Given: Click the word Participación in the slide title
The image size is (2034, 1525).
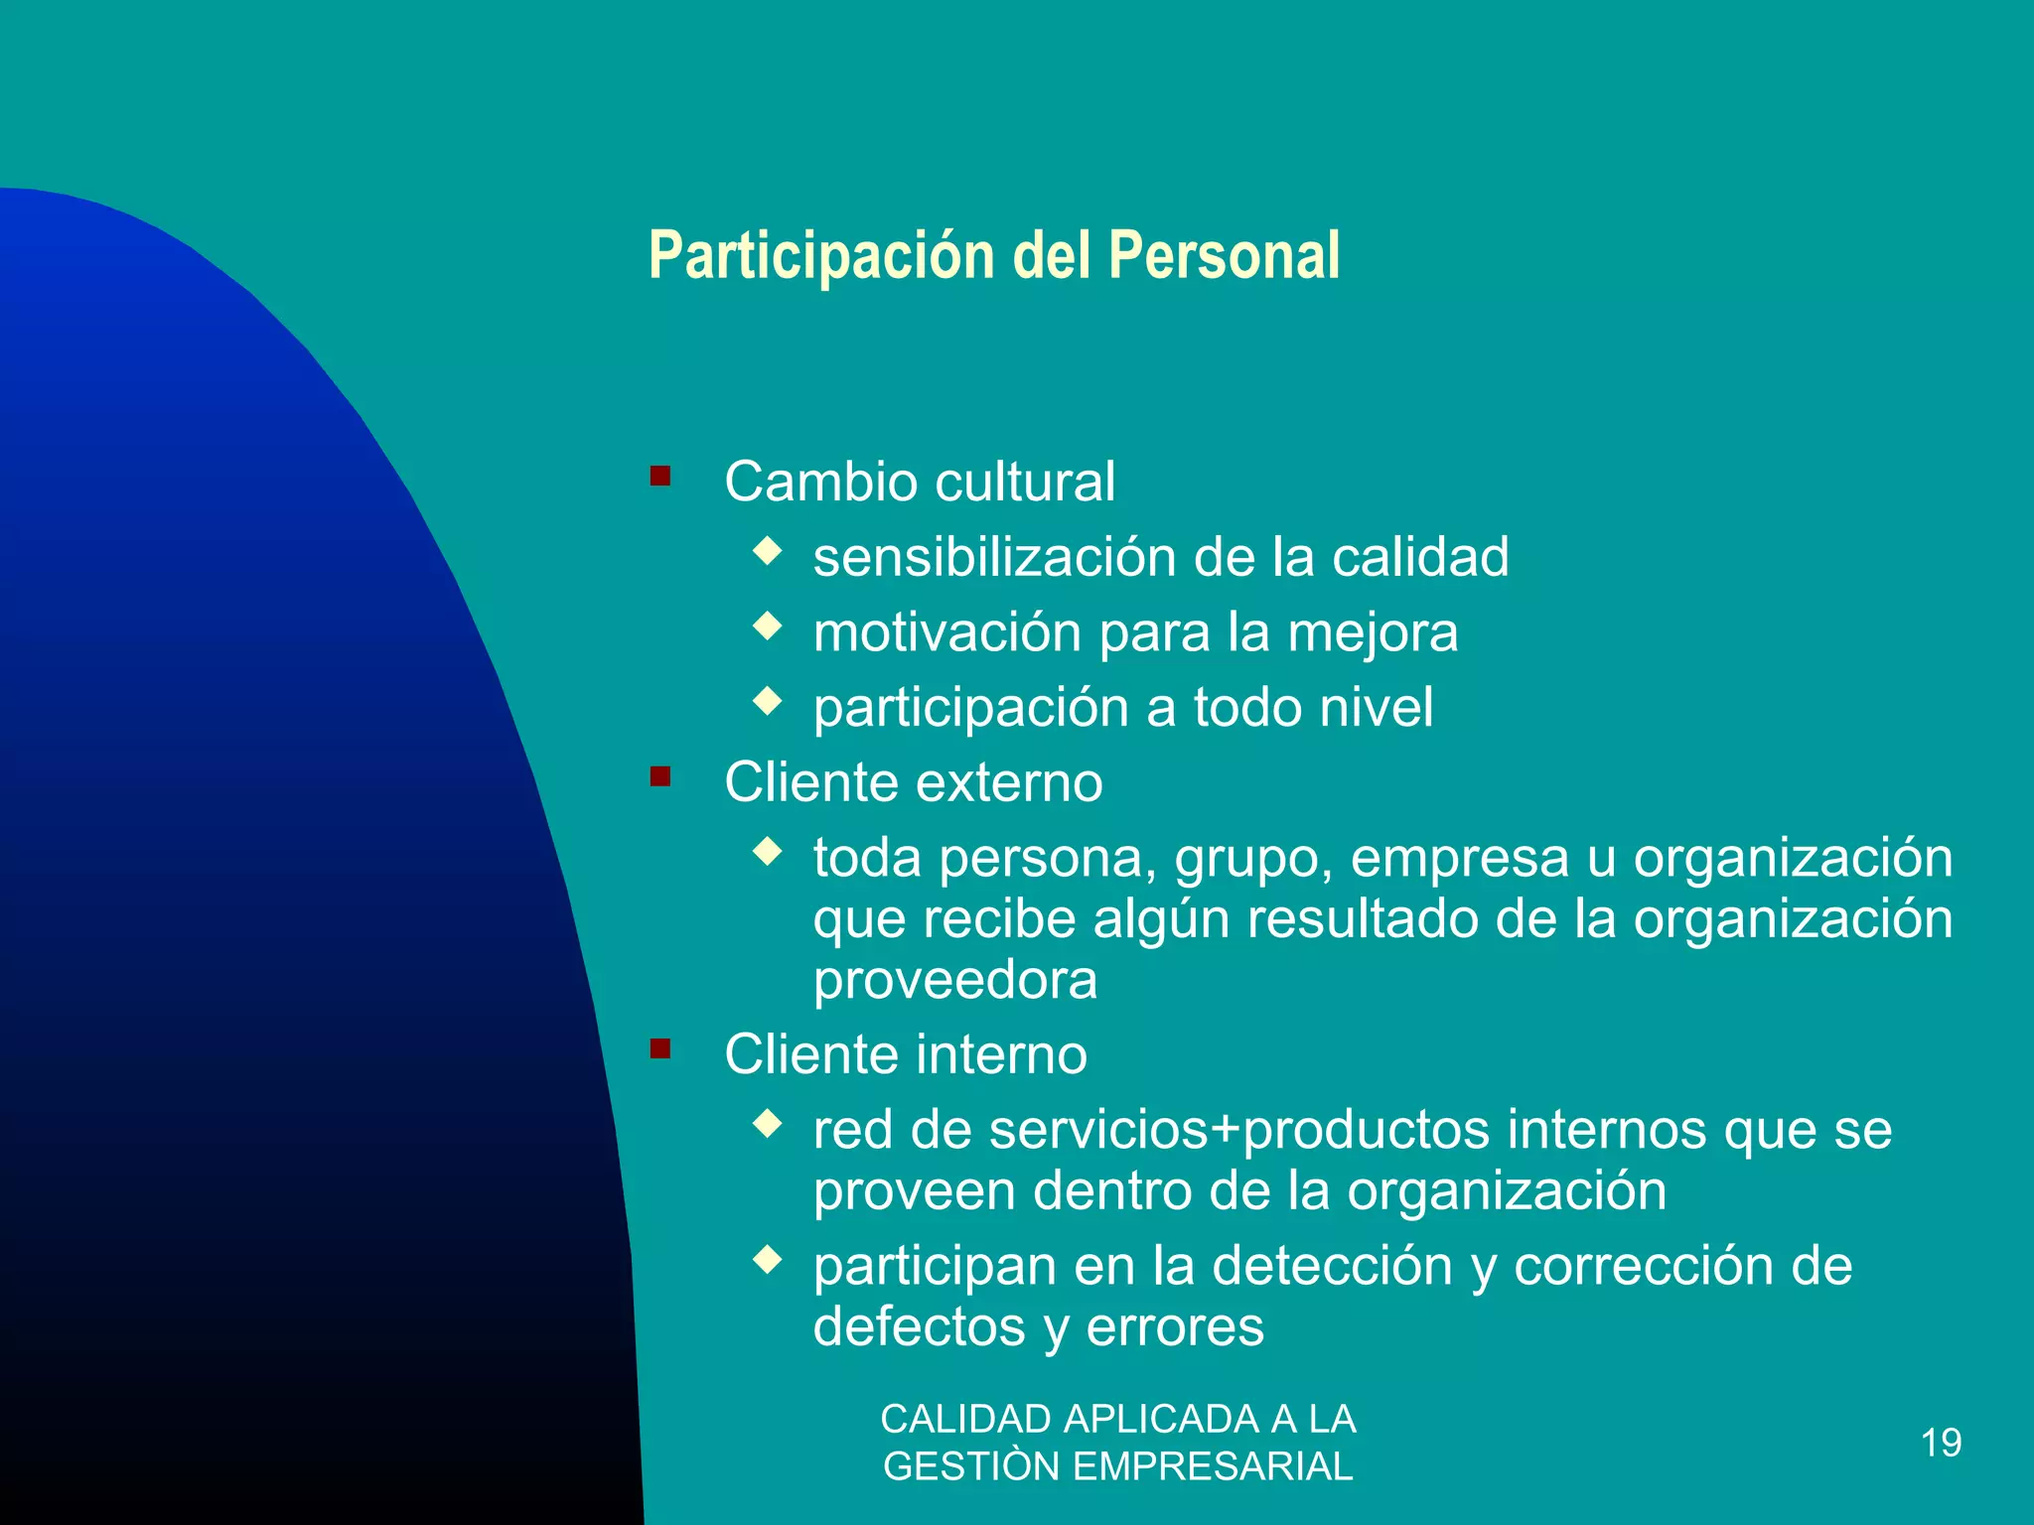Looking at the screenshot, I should click(821, 256).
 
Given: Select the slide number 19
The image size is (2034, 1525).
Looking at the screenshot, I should click(1941, 1443).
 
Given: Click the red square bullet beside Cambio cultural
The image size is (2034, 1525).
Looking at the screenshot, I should click(660, 476).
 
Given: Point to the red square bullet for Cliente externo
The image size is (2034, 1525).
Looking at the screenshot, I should click(660, 776).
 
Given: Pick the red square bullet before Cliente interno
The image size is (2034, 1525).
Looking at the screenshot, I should click(660, 1048).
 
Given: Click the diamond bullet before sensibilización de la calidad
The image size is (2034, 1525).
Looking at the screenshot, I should click(768, 550).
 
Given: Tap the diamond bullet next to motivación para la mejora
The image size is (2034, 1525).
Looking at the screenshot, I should click(768, 625).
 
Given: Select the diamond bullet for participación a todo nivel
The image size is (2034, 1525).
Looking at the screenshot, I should click(768, 701).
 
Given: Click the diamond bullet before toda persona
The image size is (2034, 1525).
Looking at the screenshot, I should click(768, 851).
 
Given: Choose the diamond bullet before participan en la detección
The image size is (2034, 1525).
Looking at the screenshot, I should click(768, 1260).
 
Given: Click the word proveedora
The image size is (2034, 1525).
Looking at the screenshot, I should click(955, 981).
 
